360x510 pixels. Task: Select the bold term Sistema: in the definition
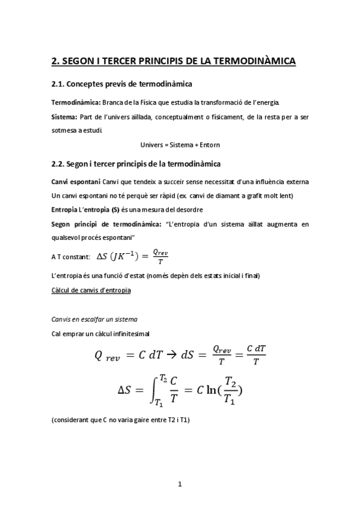[x=64, y=117]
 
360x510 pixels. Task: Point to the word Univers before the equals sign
[x=152, y=145]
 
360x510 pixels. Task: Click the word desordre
[x=190, y=210]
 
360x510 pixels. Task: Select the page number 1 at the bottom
[x=180, y=483]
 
